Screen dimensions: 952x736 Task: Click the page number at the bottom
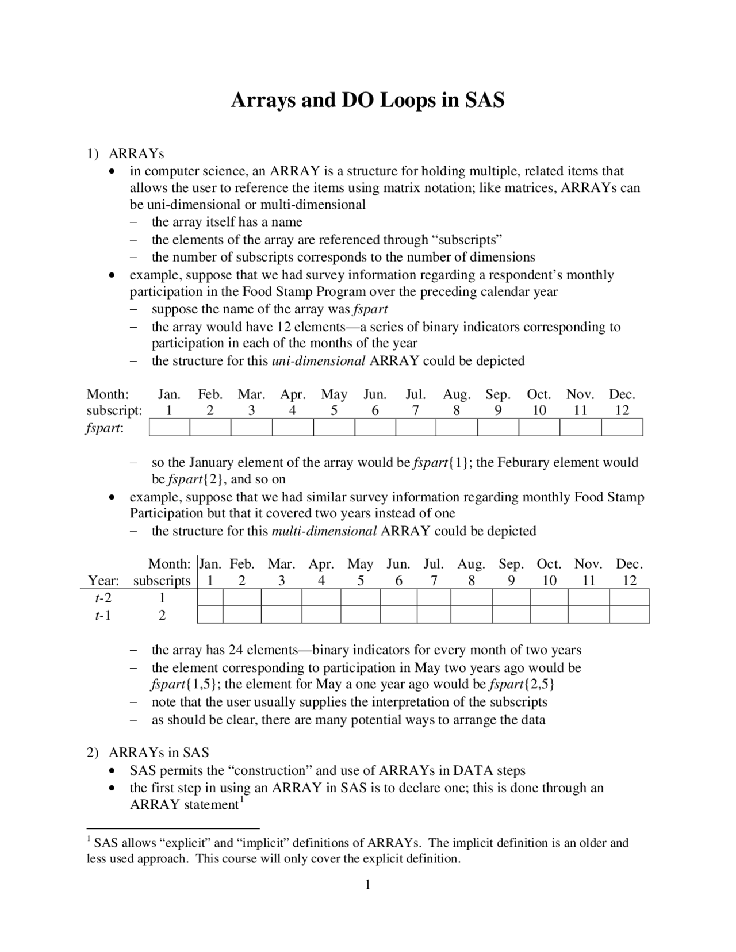click(x=367, y=885)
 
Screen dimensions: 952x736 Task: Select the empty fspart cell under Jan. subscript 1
click(x=169, y=428)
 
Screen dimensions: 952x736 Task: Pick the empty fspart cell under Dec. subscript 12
click(x=622, y=428)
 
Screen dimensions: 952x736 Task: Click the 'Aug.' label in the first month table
click(x=457, y=395)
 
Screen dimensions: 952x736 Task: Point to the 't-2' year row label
click(x=103, y=598)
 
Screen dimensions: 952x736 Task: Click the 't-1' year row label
click(x=103, y=615)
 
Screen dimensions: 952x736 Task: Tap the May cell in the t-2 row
click(x=361, y=598)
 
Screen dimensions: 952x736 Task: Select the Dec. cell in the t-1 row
click(x=629, y=615)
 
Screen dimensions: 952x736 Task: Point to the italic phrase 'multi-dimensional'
click(x=324, y=531)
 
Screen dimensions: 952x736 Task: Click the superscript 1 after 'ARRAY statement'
click(x=242, y=800)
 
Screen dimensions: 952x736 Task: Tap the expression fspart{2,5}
click(x=522, y=685)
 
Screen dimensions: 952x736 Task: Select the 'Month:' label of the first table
click(x=108, y=395)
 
